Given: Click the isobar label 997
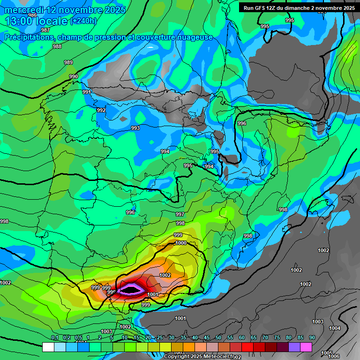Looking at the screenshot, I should coord(180,214).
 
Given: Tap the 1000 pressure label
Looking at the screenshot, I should coord(181,243).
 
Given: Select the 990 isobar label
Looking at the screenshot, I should coord(74,76).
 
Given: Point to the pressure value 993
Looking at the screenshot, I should coord(135,128).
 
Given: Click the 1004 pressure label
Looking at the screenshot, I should coord(335,328).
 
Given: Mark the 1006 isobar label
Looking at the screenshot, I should coord(334,356).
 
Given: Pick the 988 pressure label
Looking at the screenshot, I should coord(57,46).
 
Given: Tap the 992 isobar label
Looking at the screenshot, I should coord(101,110).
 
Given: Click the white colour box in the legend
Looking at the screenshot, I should coord(48,347).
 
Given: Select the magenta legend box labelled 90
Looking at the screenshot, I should coord(306,347).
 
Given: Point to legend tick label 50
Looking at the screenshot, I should coord(218,338).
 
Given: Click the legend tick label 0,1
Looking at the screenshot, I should coord(54,338).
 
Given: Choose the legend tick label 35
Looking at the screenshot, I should coord(183,338).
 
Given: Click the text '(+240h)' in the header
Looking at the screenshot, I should coord(83,21).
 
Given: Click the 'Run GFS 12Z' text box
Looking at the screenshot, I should coord(299,8).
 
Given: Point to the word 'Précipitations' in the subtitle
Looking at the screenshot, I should coord(29,37).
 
